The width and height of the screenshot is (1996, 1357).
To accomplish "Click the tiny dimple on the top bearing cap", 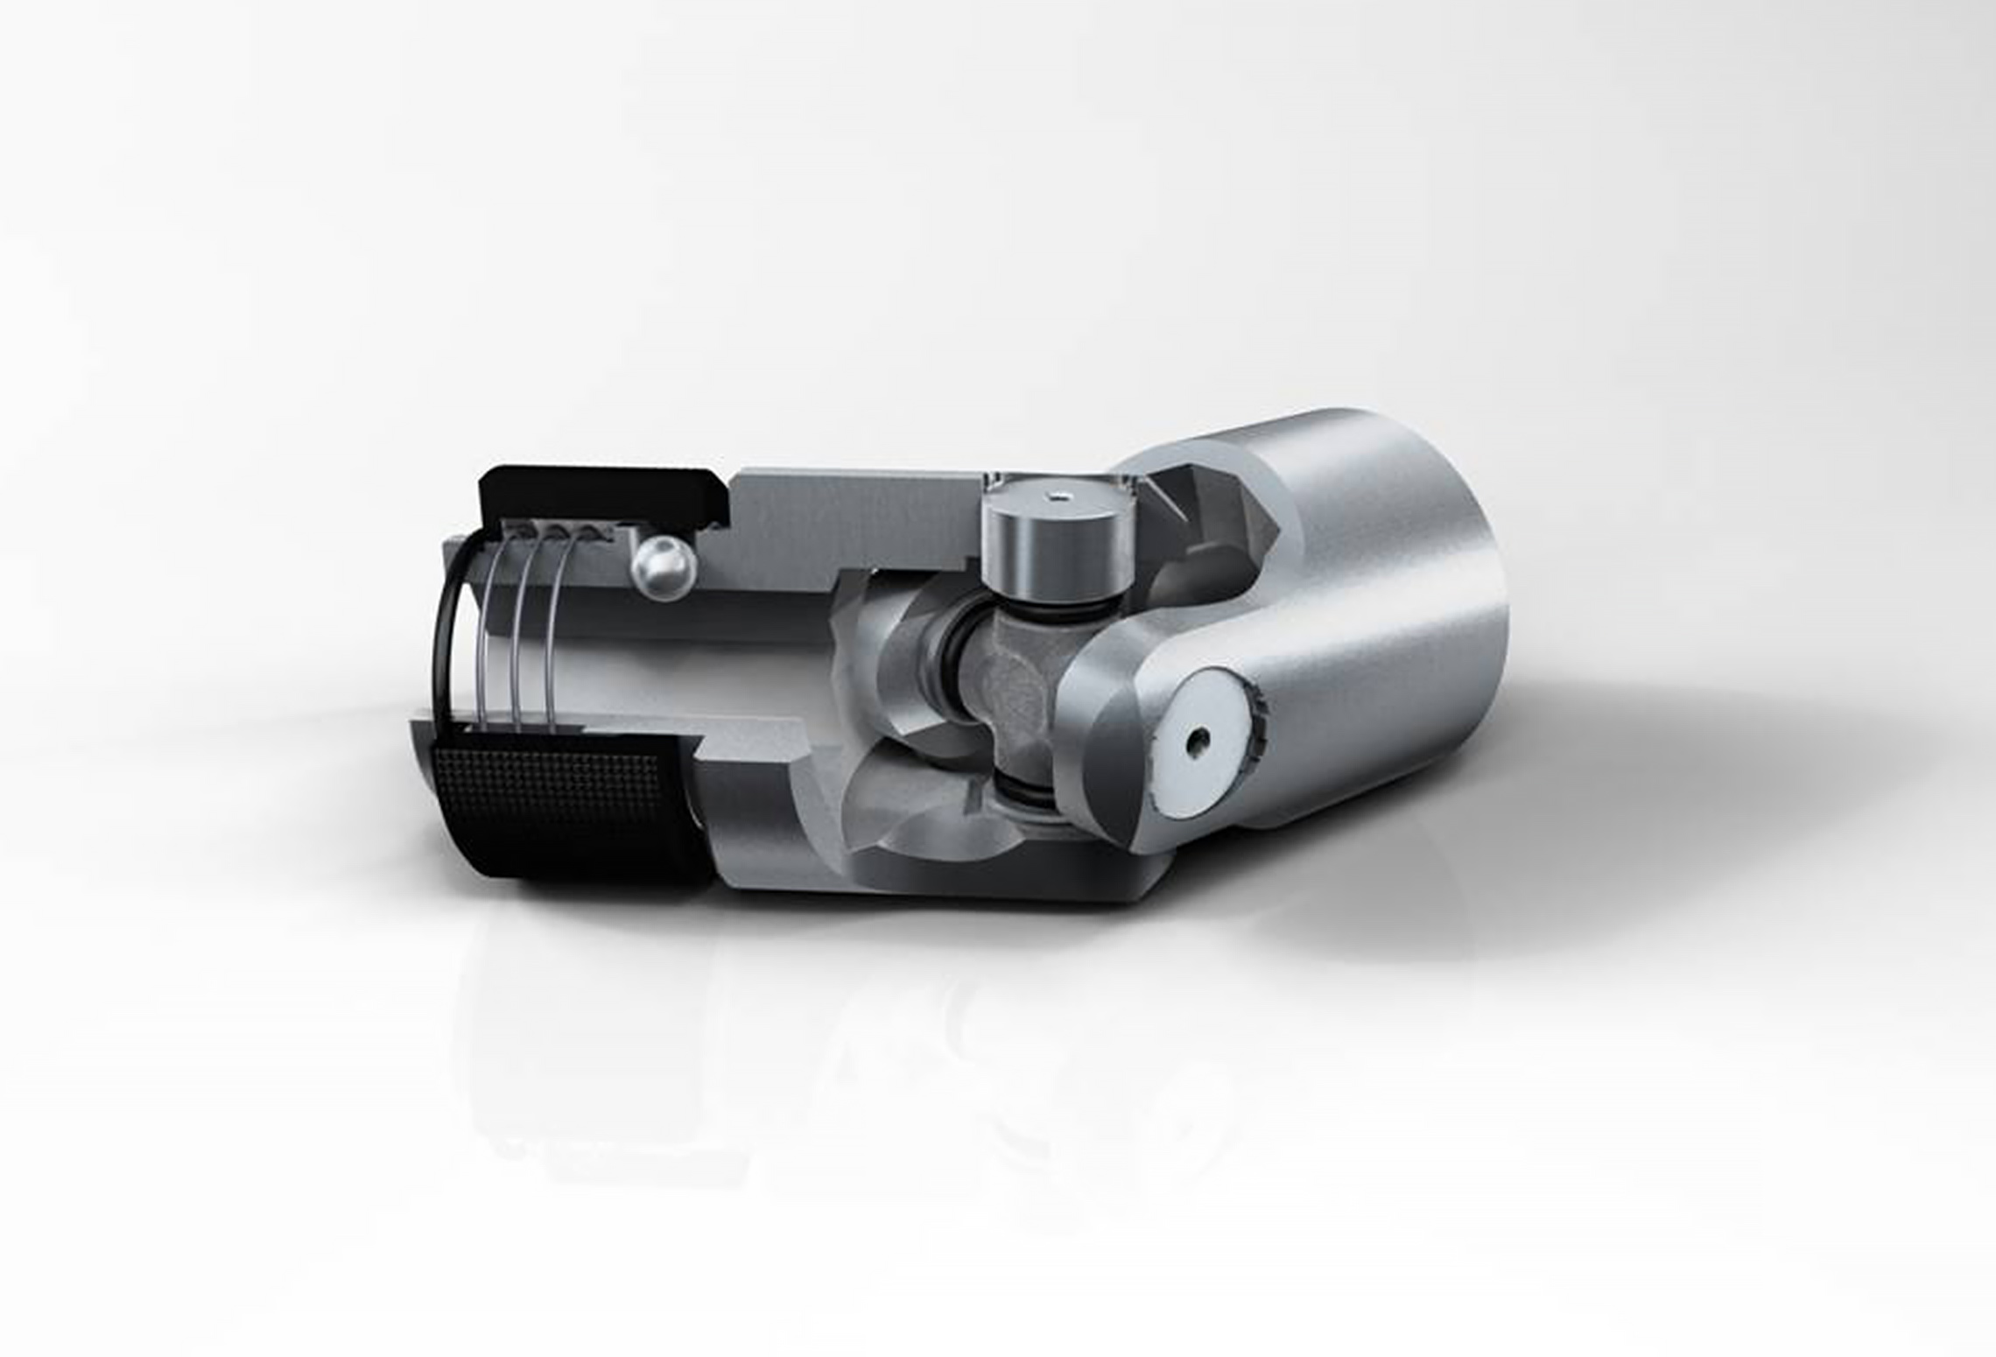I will point(1058,499).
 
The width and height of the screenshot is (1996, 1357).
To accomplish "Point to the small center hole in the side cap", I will point(1198,743).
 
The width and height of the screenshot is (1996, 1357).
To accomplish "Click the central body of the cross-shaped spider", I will point(1016,692).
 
